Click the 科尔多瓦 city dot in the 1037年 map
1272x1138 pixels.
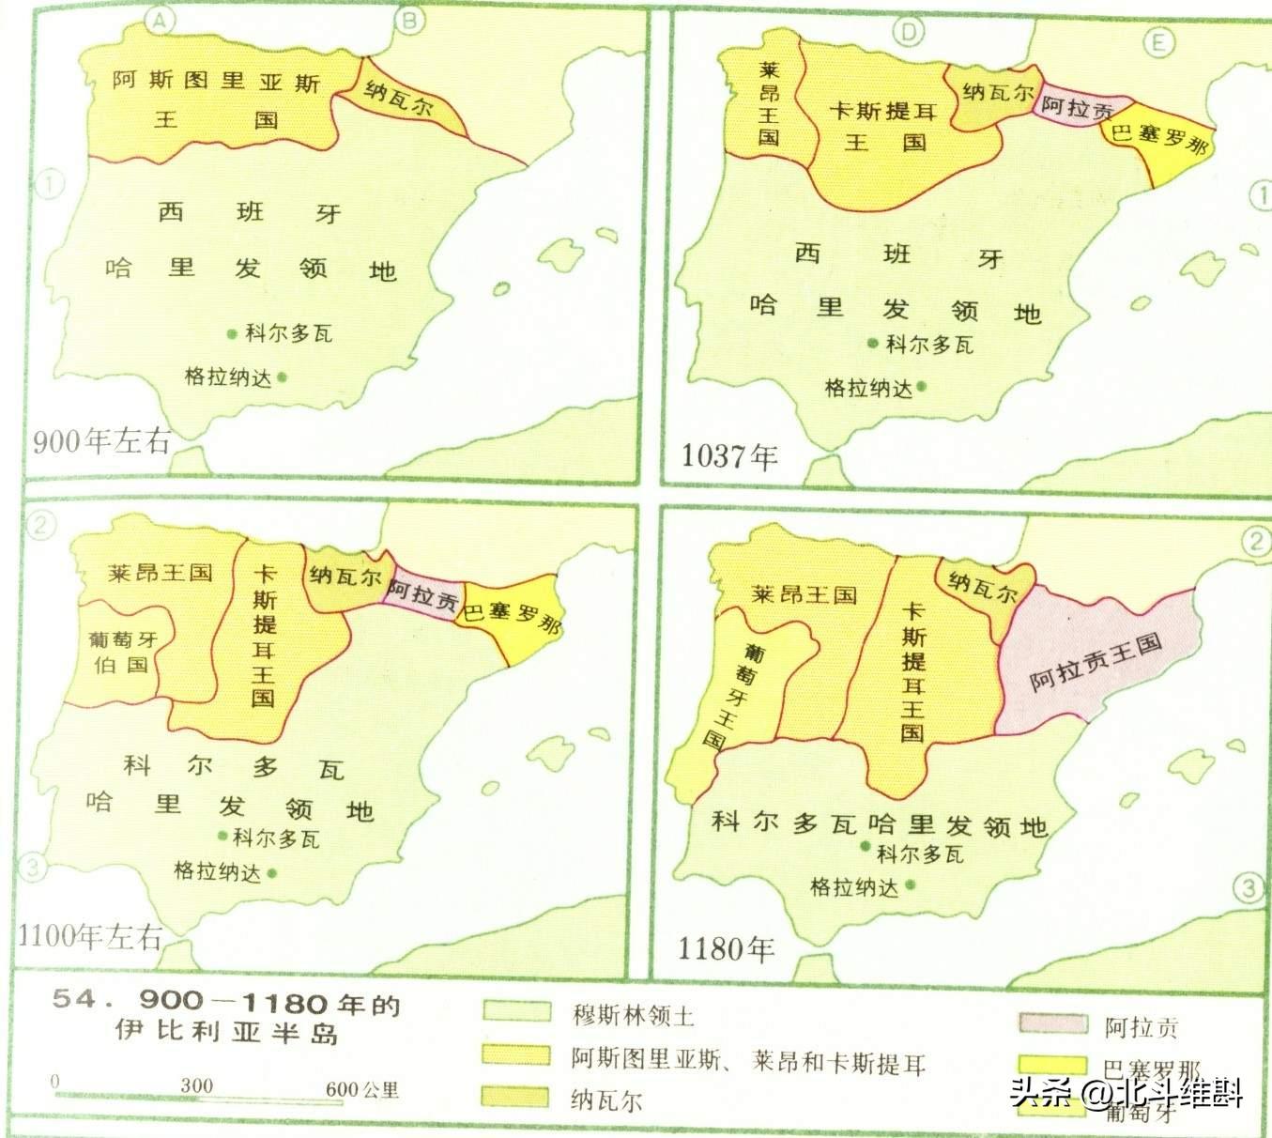click(x=873, y=344)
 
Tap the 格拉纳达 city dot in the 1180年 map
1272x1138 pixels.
click(x=910, y=884)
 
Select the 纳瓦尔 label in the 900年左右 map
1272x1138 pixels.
click(x=399, y=99)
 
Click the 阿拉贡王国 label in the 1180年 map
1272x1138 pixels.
click(x=1096, y=661)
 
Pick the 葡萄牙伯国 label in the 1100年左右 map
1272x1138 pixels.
click(x=123, y=653)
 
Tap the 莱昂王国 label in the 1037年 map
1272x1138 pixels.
click(x=769, y=103)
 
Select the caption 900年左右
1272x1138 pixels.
click(x=101, y=440)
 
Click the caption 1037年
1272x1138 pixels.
click(x=729, y=456)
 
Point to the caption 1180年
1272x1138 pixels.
click(x=726, y=948)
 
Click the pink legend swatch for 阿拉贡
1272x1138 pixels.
click(x=1053, y=1023)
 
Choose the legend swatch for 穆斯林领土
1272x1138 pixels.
click(x=517, y=1011)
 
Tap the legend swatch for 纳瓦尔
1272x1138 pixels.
click(x=515, y=1097)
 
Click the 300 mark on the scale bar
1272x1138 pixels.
click(x=197, y=1086)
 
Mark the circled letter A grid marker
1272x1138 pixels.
click(x=163, y=21)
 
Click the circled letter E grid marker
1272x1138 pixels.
click(x=1159, y=42)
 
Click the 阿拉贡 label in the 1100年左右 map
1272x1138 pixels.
click(x=423, y=594)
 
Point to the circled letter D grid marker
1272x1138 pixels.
click(x=908, y=33)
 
